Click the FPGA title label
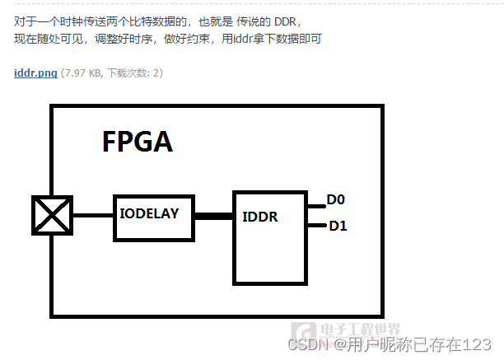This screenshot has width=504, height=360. pos(138,141)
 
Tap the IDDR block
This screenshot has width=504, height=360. pos(269,239)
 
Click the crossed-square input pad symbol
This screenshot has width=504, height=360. pos(52,217)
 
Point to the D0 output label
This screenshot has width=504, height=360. pos(336,199)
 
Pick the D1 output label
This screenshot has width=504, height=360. pos(338,226)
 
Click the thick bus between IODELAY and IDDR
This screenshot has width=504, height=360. pos(213,216)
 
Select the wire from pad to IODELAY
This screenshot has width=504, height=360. pos(93,216)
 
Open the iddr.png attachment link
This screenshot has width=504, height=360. pos(35,73)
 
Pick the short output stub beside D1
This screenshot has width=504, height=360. pos(315,224)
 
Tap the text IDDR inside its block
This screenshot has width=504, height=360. pos(259,217)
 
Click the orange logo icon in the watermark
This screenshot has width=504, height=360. pos(306,330)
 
